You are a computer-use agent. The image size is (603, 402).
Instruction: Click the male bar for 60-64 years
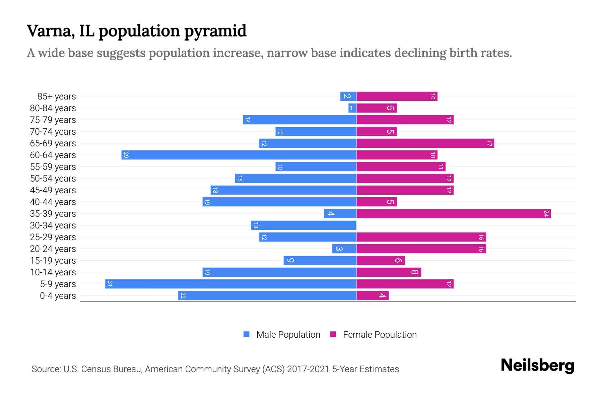pos(239,155)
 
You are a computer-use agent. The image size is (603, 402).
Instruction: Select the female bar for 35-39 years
pos(454,214)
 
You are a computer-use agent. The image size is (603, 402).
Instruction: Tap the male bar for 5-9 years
pos(231,284)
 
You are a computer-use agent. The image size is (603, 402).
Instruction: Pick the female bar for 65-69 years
pos(425,143)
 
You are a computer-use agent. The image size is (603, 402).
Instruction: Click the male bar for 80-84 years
pos(352,108)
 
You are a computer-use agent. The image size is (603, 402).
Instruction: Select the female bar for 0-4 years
pos(373,296)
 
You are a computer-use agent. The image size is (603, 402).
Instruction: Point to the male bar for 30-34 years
pos(304,225)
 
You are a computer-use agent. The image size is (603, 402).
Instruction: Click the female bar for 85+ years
pos(397,96)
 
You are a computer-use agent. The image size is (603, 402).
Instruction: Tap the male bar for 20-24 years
pos(344,249)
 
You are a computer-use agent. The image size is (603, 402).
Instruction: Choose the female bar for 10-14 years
pos(389,272)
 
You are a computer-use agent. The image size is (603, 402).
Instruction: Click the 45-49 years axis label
pos(53,190)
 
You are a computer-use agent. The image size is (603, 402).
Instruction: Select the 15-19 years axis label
pos(53,261)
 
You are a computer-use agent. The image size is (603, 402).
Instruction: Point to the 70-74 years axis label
pos(53,132)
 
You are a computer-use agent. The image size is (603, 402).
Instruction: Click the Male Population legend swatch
pos(247,334)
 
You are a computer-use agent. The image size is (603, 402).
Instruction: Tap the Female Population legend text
pos(380,335)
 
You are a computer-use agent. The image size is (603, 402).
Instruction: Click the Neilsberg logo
pos(537,366)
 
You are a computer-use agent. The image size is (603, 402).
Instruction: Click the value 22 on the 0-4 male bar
pos(183,296)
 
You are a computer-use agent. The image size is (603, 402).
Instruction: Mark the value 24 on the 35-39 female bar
pos(546,214)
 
